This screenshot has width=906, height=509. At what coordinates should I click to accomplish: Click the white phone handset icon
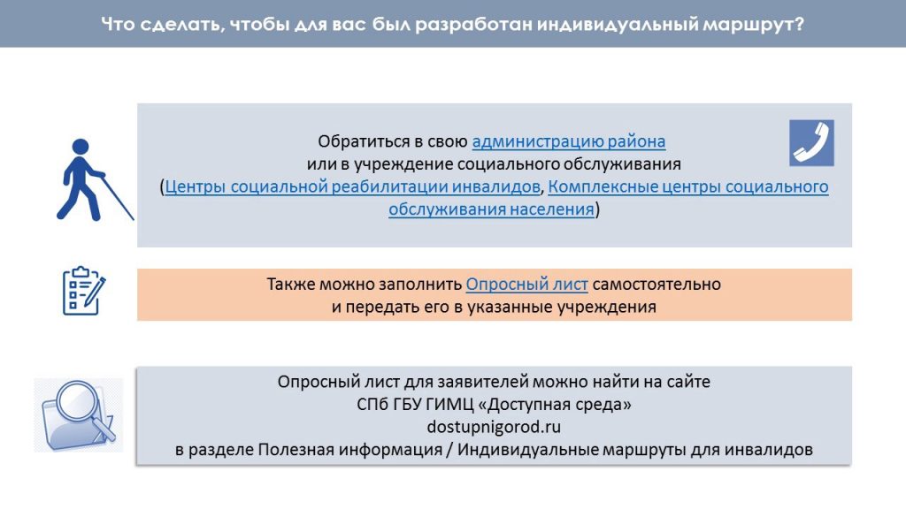click(811, 143)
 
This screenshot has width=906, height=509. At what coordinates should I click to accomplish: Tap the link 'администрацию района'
click(569, 141)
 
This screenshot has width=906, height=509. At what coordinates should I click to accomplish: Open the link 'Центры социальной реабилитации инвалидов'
click(352, 187)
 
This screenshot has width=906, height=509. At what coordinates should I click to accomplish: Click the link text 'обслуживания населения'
click(491, 209)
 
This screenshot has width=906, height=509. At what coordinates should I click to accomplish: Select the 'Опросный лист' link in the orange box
click(527, 285)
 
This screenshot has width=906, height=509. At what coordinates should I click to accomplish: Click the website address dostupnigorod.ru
click(494, 427)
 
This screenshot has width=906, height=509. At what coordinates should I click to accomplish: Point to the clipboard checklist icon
click(84, 291)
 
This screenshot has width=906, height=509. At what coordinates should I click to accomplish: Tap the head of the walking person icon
click(81, 147)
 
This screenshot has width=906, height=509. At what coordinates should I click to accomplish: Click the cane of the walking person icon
click(118, 198)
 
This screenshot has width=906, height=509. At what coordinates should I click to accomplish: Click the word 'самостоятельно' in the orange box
click(656, 285)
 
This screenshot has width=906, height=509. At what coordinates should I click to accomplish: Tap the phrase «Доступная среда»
click(554, 405)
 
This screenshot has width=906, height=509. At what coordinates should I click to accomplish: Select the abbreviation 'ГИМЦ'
click(449, 405)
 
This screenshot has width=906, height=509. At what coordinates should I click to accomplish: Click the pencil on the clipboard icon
click(95, 292)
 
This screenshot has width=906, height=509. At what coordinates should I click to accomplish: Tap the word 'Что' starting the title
click(118, 24)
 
